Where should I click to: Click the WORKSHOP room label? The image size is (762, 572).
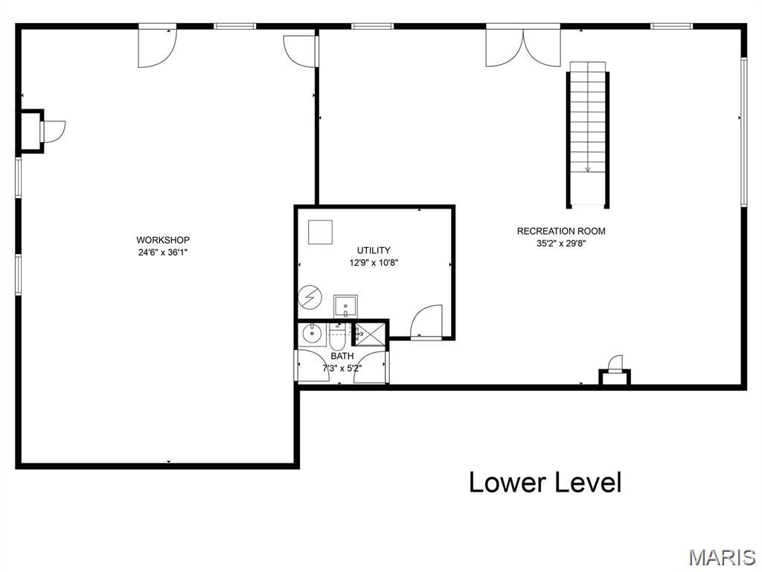click(x=162, y=240)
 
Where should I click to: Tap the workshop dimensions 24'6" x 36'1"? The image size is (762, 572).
click(x=162, y=252)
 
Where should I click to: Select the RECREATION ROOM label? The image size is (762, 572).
click(x=561, y=231)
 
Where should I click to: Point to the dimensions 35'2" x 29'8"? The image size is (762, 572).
click(x=561, y=243)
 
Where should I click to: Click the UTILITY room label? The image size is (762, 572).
click(x=373, y=250)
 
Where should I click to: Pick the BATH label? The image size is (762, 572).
click(x=342, y=356)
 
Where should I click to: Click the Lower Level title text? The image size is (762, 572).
click(x=545, y=483)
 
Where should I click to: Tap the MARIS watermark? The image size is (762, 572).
click(x=721, y=557)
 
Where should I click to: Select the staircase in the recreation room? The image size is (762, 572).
click(x=589, y=134)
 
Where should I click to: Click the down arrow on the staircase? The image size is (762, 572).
click(x=588, y=168)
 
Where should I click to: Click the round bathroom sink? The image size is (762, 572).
click(x=310, y=335)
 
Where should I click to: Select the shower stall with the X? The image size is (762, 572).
click(x=370, y=334)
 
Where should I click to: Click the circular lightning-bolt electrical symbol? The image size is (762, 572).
click(x=307, y=298)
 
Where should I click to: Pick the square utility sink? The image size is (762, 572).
click(x=345, y=305)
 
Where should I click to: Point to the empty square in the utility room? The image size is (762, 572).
click(x=320, y=232)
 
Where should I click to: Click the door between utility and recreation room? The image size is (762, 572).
click(x=426, y=322)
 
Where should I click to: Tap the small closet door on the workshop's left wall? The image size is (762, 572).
click(x=53, y=131)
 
